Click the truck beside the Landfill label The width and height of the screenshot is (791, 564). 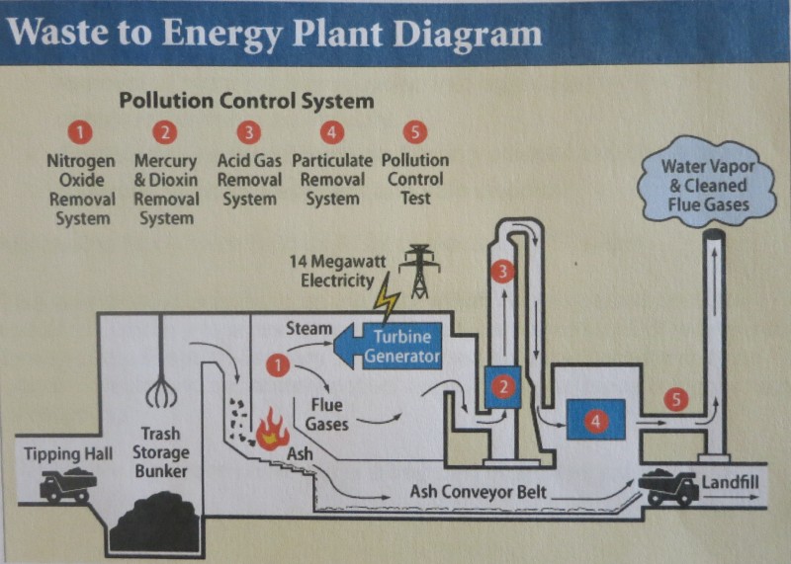pyautogui.click(x=667, y=485)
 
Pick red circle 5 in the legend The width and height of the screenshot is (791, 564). pyautogui.click(x=415, y=130)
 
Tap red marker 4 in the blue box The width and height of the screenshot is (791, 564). pyautogui.click(x=594, y=420)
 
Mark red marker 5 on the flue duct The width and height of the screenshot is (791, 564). pyautogui.click(x=675, y=400)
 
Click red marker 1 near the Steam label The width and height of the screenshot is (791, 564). pyautogui.click(x=279, y=365)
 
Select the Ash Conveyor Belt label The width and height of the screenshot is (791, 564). pyautogui.click(x=479, y=492)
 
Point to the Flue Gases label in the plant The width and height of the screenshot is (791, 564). pyautogui.click(x=326, y=414)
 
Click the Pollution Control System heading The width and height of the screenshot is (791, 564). pyautogui.click(x=246, y=100)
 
